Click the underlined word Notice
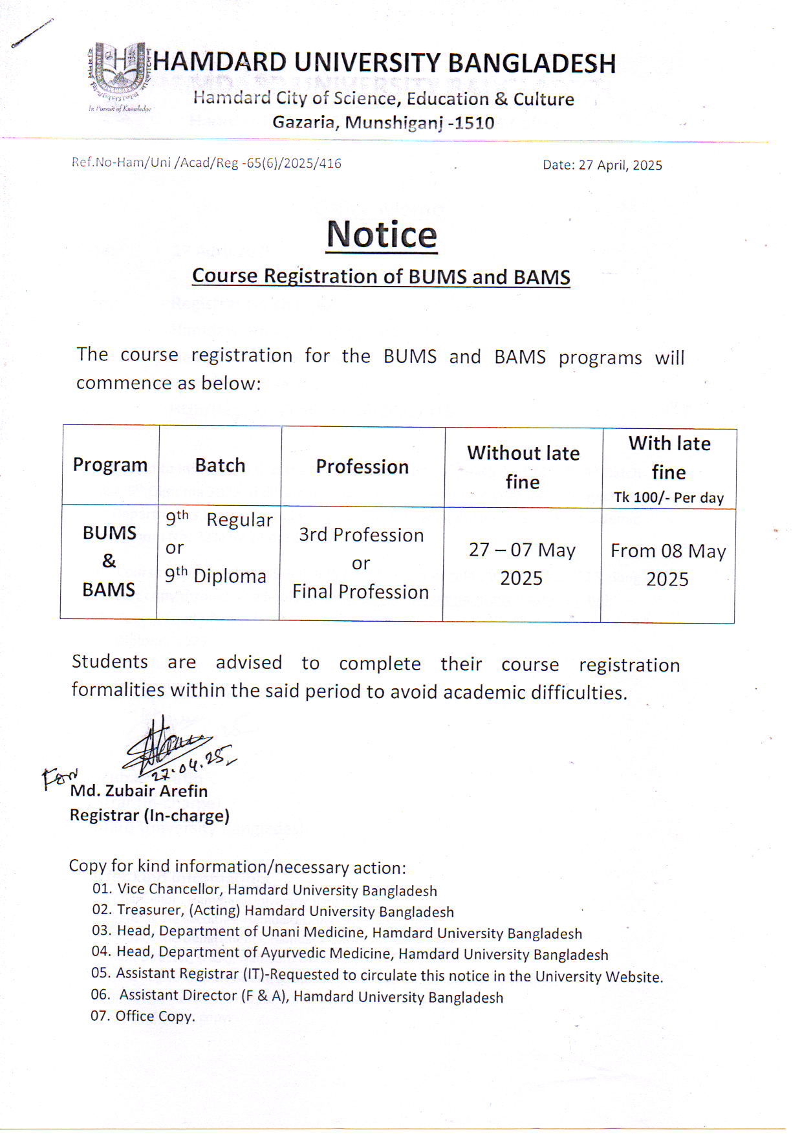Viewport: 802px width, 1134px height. (382, 234)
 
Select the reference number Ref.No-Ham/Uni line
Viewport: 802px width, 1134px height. (206, 163)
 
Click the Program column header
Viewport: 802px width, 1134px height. (110, 465)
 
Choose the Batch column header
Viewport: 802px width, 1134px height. (220, 466)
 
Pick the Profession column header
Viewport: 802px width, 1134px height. (362, 467)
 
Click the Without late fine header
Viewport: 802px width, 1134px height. (523, 467)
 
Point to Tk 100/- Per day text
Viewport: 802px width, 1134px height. (668, 497)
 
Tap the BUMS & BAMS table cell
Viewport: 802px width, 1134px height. (109, 561)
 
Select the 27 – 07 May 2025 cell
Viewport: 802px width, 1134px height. (521, 563)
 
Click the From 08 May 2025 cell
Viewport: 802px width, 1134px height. (668, 565)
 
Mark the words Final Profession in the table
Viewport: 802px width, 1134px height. (360, 592)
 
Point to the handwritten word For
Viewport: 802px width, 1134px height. (59, 777)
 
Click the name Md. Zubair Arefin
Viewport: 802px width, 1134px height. (138, 791)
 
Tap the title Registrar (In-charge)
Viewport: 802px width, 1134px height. (149, 816)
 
